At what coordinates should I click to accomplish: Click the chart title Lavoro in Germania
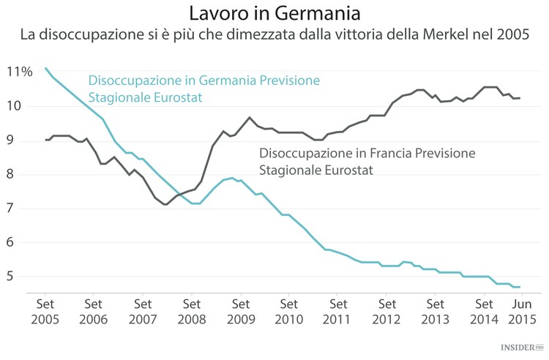pos(274,13)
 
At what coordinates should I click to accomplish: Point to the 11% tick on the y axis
pos(19,72)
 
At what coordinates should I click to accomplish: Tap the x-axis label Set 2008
pos(191,311)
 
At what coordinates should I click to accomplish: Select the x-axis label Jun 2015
pos(521,311)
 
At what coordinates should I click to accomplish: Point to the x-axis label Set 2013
pos(436,311)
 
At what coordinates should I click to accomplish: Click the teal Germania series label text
pos(203,89)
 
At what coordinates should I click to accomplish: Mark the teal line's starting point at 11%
pos(45,68)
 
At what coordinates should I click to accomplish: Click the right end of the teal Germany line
pos(520,287)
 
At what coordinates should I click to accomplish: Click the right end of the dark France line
pos(520,98)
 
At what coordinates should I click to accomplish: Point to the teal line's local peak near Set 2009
pos(232,178)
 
